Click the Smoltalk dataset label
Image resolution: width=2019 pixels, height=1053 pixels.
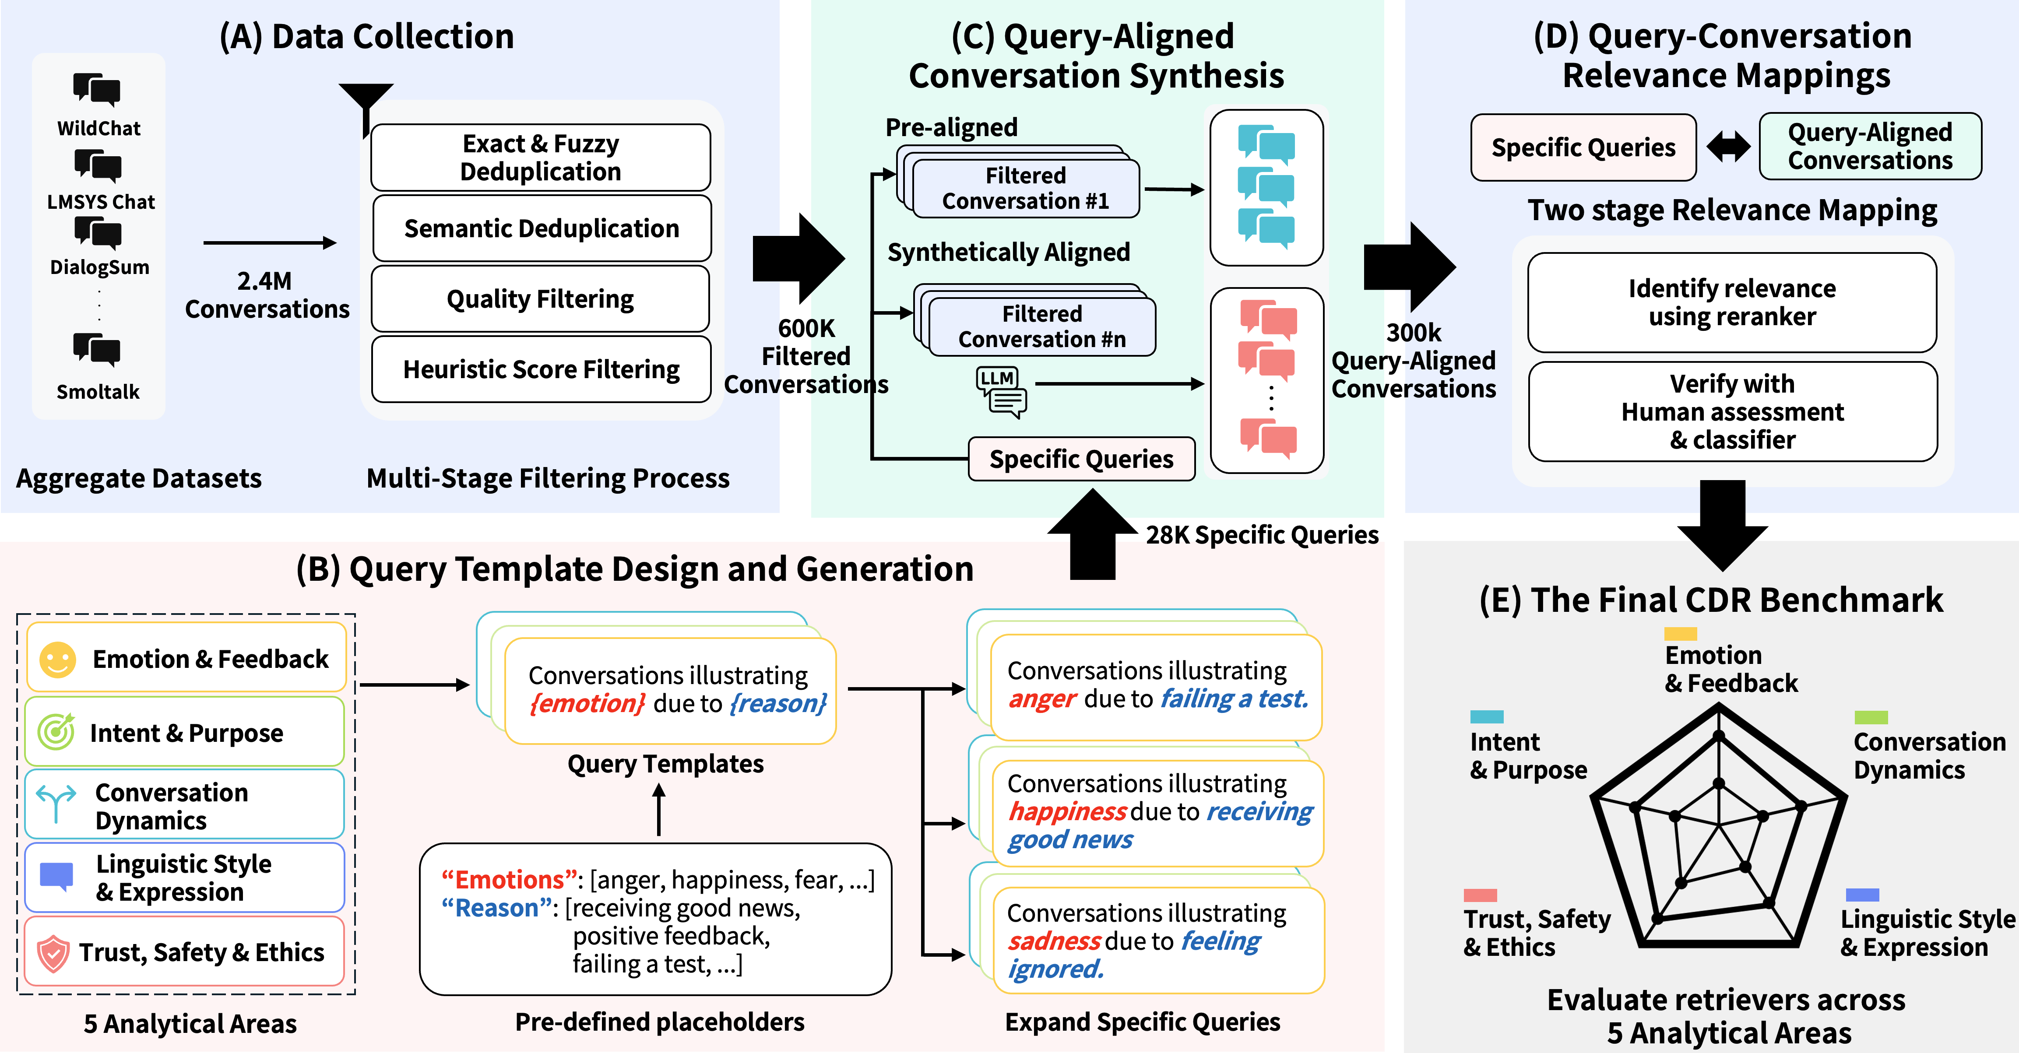pos(98,392)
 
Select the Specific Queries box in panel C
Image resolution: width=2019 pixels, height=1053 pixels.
pos(1082,459)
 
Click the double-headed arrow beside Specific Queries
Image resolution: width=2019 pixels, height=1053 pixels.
pos(1728,147)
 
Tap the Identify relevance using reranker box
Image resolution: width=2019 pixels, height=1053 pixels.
pos(1732,302)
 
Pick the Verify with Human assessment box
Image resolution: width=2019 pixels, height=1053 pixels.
pos(1732,411)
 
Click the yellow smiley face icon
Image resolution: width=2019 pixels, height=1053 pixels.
pos(57,659)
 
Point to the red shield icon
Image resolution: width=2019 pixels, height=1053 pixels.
pos(53,953)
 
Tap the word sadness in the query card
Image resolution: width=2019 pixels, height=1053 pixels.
pos(1054,941)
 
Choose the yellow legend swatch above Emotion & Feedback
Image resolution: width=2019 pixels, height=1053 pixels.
pos(1681,633)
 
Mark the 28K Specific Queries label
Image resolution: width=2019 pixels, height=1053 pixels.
pos(1262,535)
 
